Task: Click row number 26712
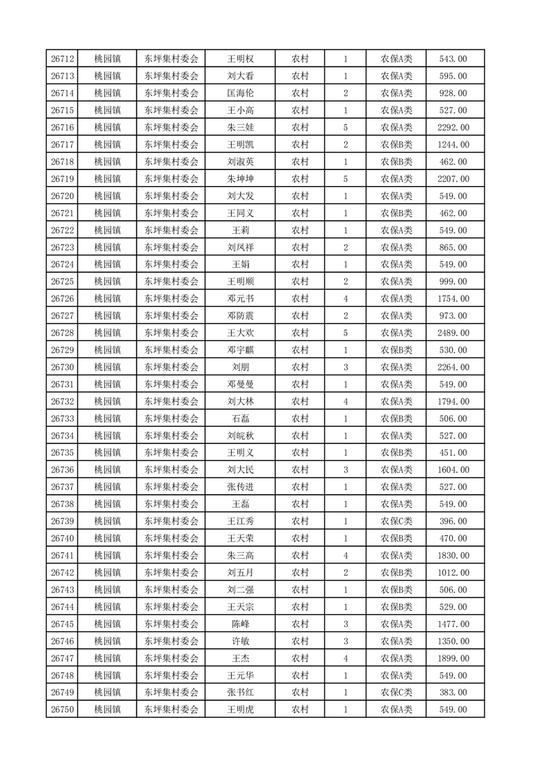[x=62, y=59]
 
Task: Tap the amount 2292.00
[x=453, y=128]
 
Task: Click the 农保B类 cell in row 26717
[x=397, y=145]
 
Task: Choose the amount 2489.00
[x=453, y=333]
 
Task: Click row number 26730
[x=62, y=367]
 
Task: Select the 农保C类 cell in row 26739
[x=397, y=521]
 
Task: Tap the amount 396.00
[x=453, y=521]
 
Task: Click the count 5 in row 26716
[x=345, y=128]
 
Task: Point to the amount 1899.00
[x=453, y=658]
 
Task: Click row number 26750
[x=62, y=710]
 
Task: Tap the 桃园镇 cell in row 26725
[x=107, y=281]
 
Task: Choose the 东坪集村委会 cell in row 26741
[x=172, y=555]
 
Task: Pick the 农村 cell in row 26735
[x=300, y=453]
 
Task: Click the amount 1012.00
[x=453, y=572]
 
